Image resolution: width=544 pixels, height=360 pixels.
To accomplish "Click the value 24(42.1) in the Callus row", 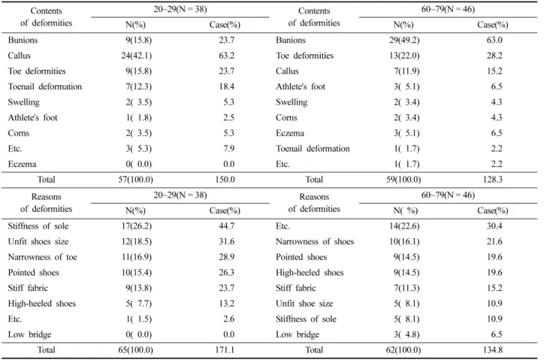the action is coord(136,56).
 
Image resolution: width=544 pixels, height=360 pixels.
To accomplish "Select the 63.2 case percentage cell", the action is coord(227,56).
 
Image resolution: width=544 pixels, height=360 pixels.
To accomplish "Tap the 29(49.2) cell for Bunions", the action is coord(404,41).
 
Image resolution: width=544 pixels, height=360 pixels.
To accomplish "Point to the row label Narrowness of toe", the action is coord(42,257).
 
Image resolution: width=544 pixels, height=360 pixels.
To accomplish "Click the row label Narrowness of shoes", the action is coord(315,241).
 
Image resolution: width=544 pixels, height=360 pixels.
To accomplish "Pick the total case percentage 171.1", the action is coord(225,350).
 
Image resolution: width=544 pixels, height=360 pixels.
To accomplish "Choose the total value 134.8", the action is coord(493,350).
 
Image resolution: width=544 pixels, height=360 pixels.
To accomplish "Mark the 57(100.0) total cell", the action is coord(136,180).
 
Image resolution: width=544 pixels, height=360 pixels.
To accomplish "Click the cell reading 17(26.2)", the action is coord(136,226).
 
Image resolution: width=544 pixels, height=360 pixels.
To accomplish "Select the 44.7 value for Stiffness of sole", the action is coord(227,226).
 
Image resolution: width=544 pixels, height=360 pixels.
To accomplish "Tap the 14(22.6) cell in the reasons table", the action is coord(404,226).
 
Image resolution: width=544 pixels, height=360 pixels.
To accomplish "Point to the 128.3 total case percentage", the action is coord(493,180).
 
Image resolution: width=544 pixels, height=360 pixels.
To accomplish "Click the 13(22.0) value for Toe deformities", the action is coord(404,56).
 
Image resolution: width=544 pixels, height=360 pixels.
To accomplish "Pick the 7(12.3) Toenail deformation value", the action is coord(138,86).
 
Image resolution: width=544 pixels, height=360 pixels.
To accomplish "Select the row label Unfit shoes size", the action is coord(38,241).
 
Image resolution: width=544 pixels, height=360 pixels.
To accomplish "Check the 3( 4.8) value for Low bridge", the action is coord(406,334).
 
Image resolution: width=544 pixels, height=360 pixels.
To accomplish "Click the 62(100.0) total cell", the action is coord(403,350).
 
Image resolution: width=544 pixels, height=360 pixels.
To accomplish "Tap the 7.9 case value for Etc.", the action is coord(228,149).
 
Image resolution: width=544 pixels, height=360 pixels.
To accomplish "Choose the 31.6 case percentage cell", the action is coord(227,241).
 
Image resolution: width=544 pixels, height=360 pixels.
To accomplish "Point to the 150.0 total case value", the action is coord(225,180).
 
